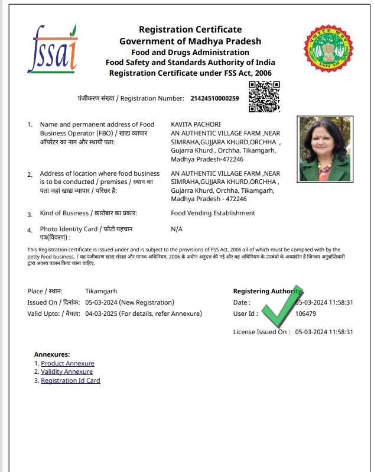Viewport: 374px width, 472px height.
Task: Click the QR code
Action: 264,97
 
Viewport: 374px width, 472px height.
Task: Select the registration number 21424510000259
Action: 215,98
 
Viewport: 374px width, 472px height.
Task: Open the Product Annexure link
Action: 67,363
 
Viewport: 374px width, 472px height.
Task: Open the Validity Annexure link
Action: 67,371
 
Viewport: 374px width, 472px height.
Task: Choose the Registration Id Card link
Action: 70,380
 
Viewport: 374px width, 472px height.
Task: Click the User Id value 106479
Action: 305,313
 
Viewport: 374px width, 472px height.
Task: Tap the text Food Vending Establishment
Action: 213,214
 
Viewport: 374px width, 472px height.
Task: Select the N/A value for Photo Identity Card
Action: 177,228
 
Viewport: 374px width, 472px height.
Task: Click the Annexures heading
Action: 52,354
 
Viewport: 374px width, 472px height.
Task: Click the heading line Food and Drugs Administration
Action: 190,52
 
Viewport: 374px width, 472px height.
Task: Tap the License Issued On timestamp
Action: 324,332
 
